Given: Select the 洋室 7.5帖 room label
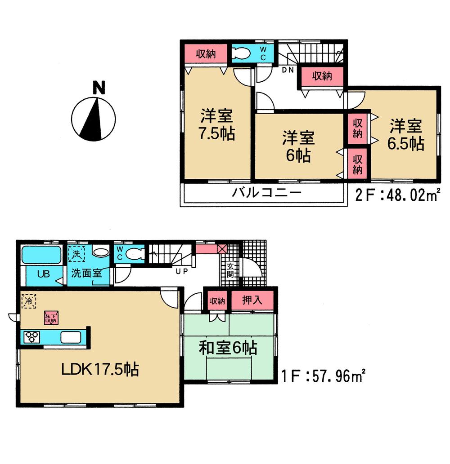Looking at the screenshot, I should point(216,125).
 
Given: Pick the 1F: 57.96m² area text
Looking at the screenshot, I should point(321,374).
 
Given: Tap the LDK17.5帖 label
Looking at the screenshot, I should point(100,369).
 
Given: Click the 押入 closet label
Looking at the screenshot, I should point(252,300).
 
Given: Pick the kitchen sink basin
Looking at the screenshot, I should point(71,337).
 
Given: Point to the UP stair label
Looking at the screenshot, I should point(182,271).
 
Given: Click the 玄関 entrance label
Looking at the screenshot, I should point(229,270).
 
